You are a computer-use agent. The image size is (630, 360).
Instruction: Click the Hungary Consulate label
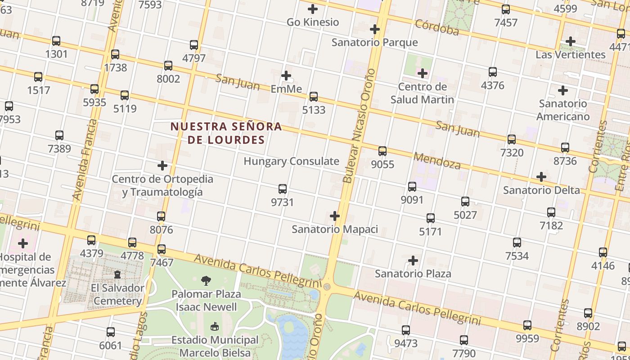click(x=291, y=161)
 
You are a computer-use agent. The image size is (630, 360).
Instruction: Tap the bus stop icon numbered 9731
click(x=283, y=189)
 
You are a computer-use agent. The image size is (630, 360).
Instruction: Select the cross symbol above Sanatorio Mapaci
click(x=335, y=216)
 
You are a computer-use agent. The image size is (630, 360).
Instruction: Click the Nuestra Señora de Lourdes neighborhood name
click(x=226, y=133)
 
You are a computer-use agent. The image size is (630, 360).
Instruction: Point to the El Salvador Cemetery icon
click(x=117, y=274)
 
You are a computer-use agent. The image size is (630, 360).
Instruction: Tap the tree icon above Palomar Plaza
click(x=206, y=281)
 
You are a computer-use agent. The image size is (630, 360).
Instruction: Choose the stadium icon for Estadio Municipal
click(x=215, y=326)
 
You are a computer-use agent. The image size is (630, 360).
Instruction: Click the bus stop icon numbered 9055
click(x=382, y=151)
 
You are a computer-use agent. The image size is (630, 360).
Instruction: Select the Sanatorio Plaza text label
click(x=413, y=274)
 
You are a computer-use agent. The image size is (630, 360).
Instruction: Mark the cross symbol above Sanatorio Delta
click(x=541, y=177)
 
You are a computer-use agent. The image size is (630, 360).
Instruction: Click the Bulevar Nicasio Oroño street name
click(x=359, y=126)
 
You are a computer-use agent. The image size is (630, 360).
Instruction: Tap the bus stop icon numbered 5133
click(x=314, y=97)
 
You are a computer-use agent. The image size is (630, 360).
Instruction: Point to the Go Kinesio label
click(x=313, y=22)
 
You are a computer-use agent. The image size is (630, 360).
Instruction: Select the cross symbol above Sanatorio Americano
click(x=563, y=90)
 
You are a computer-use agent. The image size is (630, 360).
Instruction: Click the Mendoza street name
click(x=436, y=161)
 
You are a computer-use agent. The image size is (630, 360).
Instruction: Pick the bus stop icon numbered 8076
click(x=161, y=216)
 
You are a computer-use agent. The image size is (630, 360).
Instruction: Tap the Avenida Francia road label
click(x=85, y=160)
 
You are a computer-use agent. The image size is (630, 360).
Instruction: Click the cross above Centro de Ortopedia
click(x=162, y=166)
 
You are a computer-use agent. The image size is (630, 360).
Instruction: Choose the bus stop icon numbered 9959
click(x=527, y=325)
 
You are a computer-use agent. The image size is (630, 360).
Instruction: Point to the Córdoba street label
click(x=436, y=27)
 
